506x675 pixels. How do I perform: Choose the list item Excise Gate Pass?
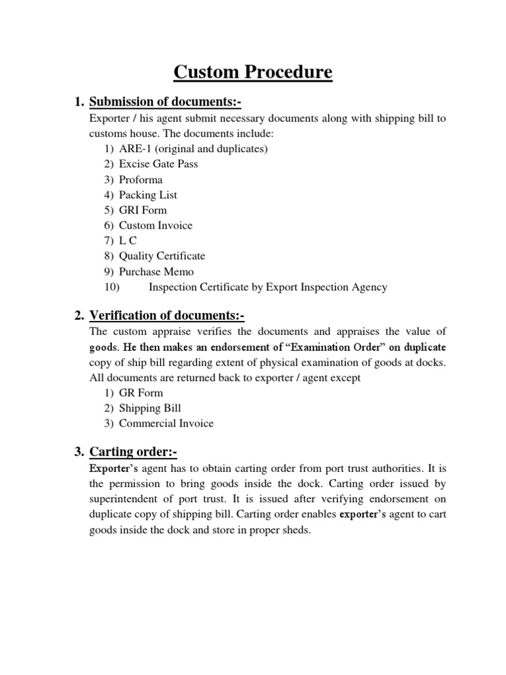[x=158, y=164]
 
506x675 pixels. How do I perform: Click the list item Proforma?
[x=140, y=179]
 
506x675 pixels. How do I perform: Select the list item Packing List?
[x=148, y=194]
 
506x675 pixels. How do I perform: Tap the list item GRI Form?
[x=143, y=210]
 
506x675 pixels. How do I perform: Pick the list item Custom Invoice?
[x=155, y=225]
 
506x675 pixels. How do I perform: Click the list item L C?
[x=128, y=241]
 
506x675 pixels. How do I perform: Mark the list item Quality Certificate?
[x=162, y=256]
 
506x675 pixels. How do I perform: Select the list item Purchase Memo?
[x=156, y=272]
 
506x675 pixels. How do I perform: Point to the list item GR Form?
[x=141, y=393]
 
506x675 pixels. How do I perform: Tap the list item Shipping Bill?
[x=150, y=408]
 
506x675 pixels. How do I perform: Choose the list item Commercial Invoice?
[x=166, y=423]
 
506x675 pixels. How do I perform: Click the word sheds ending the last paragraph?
[x=294, y=529]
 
